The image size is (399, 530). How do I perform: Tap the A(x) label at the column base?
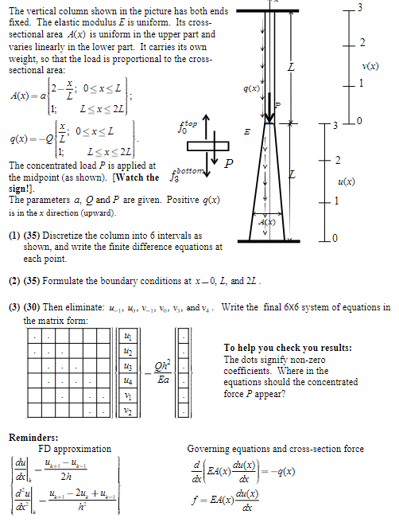pos(270,224)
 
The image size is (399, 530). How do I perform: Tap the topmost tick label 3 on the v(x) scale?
pos(360,7)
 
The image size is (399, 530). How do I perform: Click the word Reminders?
pos(33,437)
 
